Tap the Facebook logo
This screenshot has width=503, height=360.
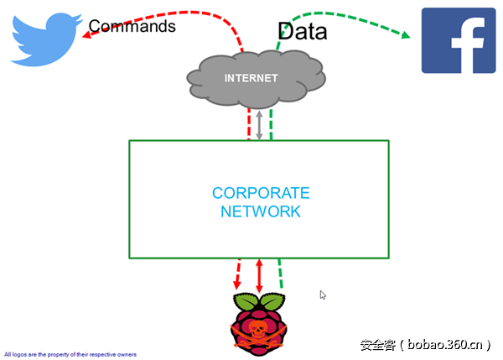[457, 39]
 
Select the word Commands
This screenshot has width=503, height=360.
[132, 26]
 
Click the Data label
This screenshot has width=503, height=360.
[303, 32]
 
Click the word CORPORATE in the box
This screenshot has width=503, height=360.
[260, 193]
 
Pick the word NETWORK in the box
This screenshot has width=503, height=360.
[260, 211]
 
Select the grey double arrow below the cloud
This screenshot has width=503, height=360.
[260, 124]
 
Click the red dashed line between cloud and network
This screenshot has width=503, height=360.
[249, 124]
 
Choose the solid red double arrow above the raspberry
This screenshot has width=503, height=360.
[259, 275]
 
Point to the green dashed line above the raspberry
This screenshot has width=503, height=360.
[281, 275]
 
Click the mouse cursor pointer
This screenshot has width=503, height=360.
[324, 295]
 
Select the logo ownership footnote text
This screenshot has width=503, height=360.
[70, 354]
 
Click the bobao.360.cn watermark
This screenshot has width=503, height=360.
[428, 344]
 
